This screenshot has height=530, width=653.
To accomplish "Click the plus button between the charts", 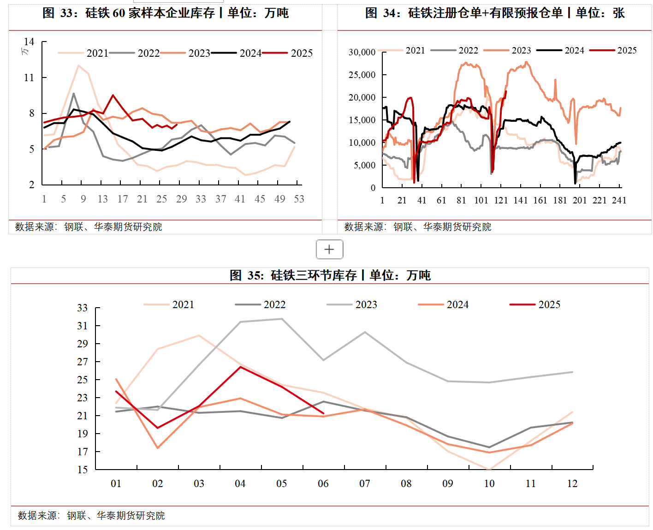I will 329,250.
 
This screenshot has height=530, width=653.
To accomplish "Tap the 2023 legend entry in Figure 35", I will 366,304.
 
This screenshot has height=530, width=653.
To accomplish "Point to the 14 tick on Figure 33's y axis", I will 29,42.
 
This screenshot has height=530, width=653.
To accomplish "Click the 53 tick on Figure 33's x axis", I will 299,199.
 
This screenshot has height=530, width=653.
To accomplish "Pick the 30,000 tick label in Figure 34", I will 362,52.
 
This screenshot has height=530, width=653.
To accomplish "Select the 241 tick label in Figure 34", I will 619,200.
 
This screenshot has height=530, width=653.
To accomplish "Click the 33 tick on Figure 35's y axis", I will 82,308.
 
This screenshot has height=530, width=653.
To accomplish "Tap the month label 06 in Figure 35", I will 323,483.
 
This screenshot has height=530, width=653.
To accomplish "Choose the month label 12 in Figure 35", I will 572,483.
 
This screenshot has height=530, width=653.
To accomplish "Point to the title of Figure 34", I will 495,13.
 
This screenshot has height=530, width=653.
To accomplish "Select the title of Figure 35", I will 330,275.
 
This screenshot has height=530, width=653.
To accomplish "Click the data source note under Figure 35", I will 91,515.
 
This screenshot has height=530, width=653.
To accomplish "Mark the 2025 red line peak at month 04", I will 240,367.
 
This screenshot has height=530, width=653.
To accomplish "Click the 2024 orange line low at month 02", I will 157,448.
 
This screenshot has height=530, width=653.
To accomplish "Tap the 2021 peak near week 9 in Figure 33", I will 79,66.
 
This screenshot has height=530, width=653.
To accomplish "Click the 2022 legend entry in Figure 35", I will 274,304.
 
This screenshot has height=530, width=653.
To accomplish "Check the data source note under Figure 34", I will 418,226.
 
